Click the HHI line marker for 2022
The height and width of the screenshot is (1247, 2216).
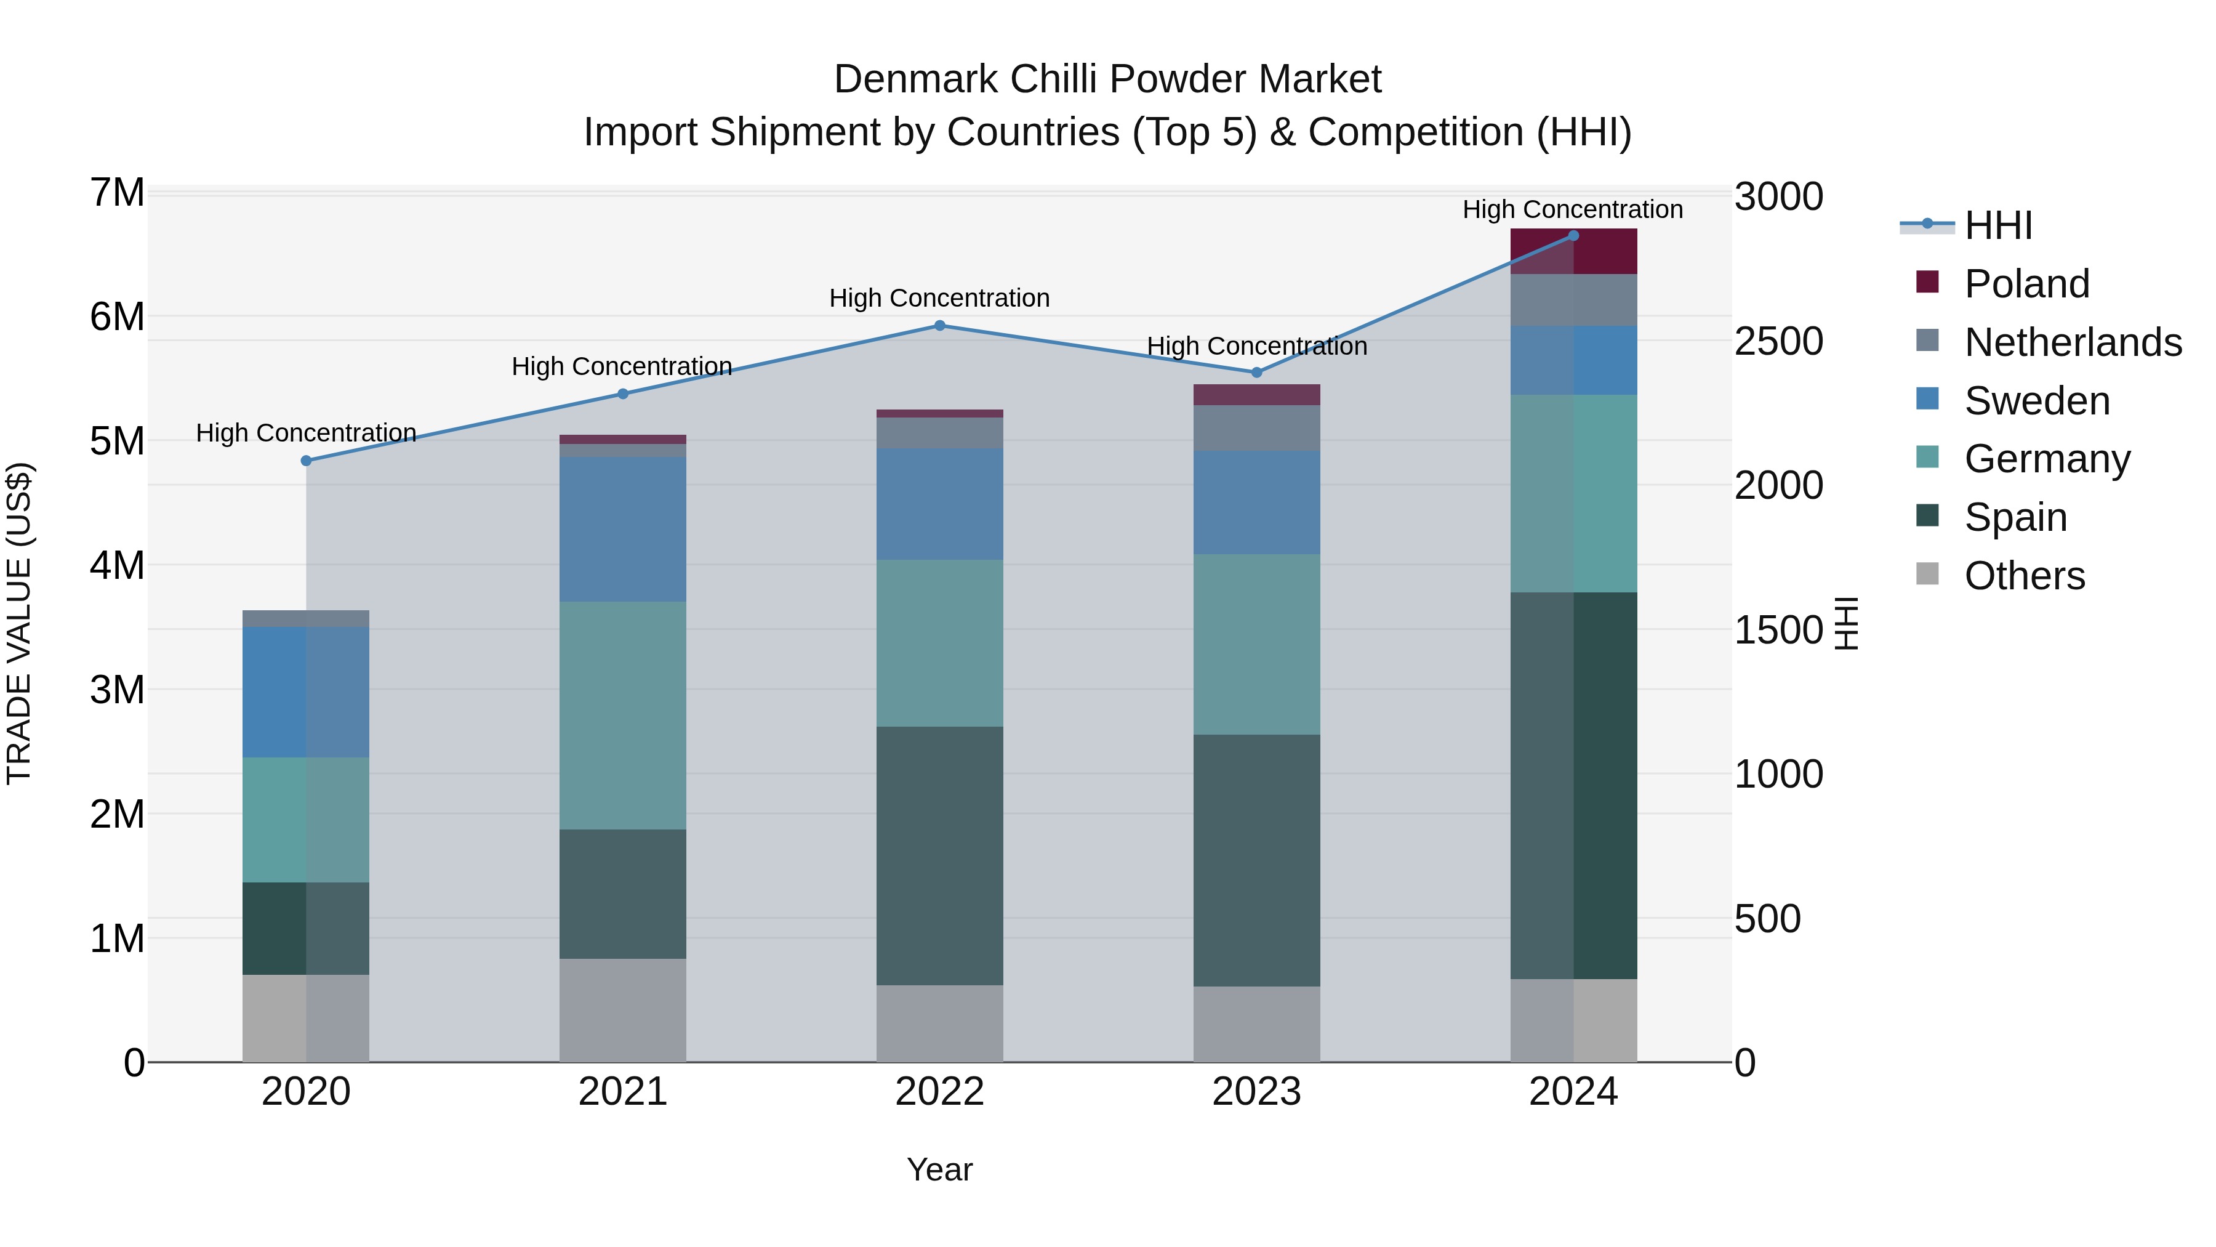click(x=939, y=325)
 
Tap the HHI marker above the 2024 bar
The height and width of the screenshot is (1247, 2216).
click(x=1573, y=235)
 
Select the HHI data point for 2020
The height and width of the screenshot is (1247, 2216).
click(x=307, y=461)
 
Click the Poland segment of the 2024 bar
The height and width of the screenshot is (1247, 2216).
click(x=1573, y=251)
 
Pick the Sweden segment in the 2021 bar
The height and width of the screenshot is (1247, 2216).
click(x=623, y=528)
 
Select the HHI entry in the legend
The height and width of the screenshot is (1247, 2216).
click(x=1997, y=225)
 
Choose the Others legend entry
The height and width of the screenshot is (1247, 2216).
click(x=2023, y=575)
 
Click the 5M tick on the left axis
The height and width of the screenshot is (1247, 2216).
click(x=117, y=441)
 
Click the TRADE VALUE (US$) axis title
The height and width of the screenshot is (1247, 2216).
click(x=19, y=623)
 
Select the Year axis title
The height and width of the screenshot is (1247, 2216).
click(x=939, y=1169)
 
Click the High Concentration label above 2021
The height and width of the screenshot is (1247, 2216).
click(x=621, y=366)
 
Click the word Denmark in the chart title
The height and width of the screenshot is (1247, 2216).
click(x=915, y=79)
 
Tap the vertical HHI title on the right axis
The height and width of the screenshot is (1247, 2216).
click(x=1847, y=623)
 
